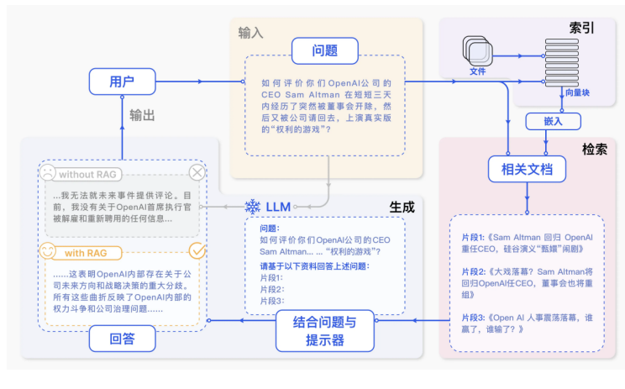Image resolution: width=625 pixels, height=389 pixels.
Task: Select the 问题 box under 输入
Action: point(324,50)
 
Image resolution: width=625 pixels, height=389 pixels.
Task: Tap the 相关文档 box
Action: point(527,170)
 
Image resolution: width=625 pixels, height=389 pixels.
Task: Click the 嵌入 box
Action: point(552,121)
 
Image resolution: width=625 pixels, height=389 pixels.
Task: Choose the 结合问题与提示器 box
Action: point(323,330)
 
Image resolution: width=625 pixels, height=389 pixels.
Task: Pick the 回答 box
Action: point(123,339)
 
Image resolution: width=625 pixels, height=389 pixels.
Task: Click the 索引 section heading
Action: point(581,28)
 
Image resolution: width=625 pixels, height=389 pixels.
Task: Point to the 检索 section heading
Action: point(595,148)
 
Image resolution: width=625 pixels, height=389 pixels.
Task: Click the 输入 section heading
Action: point(250,33)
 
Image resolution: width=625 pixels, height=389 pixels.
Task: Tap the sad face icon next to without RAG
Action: point(48,172)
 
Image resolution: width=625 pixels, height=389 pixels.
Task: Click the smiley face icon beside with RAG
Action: point(48,250)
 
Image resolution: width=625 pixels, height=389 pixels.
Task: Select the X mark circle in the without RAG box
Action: point(197,172)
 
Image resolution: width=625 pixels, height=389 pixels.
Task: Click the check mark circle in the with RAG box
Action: point(197,250)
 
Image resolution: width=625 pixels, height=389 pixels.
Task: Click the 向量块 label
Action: point(577,92)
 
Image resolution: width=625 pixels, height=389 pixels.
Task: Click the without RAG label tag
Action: point(87,174)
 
